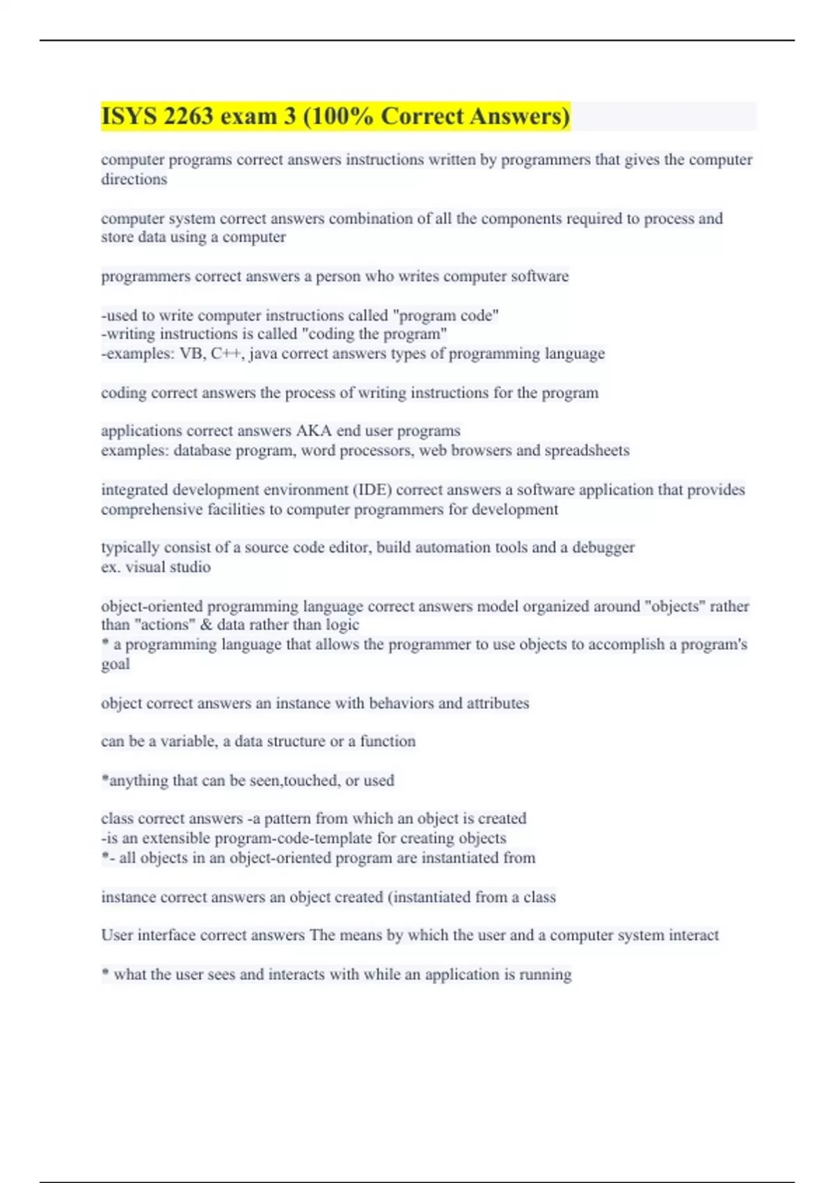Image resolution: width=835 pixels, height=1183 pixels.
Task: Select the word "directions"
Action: [x=134, y=180]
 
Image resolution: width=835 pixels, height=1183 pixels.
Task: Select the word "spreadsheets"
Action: [x=587, y=450]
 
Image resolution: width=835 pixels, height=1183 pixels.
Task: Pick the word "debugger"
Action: [x=603, y=548]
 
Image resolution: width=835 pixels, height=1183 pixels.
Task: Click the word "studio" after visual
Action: [x=189, y=567]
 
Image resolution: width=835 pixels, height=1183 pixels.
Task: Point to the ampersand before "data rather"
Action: [x=206, y=625]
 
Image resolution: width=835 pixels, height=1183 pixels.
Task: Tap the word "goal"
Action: [x=116, y=664]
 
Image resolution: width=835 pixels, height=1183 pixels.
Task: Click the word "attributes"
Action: [x=498, y=704]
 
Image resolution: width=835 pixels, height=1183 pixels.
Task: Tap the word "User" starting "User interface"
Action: [x=117, y=935]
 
